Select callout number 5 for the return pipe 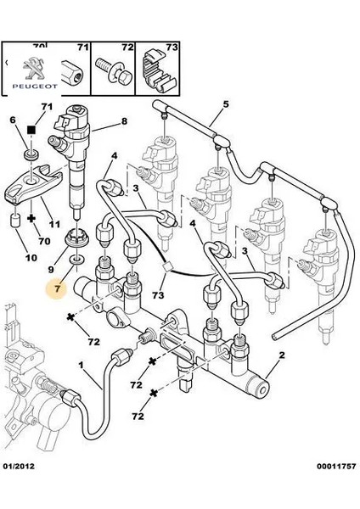tap(227, 106)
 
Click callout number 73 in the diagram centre tap(159, 294)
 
